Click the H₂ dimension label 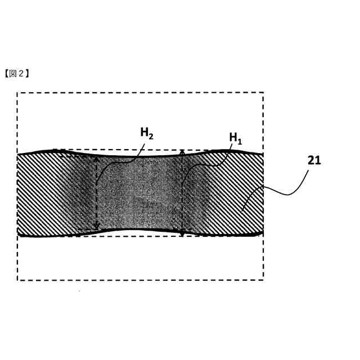coord(146,133)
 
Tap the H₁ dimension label coord(236,138)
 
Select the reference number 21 coord(314,160)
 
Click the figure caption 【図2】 coord(17,73)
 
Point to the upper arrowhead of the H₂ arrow coord(97,158)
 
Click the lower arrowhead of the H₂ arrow coord(97,228)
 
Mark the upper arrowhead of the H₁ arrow coord(182,151)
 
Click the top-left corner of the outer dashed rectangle coord(17,93)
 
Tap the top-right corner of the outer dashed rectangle coord(263,93)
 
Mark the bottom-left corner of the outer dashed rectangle coord(17,280)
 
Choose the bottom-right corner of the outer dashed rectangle coord(263,280)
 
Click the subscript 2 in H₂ coord(151,136)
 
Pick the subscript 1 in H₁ coord(240,140)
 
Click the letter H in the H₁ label coord(233,137)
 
